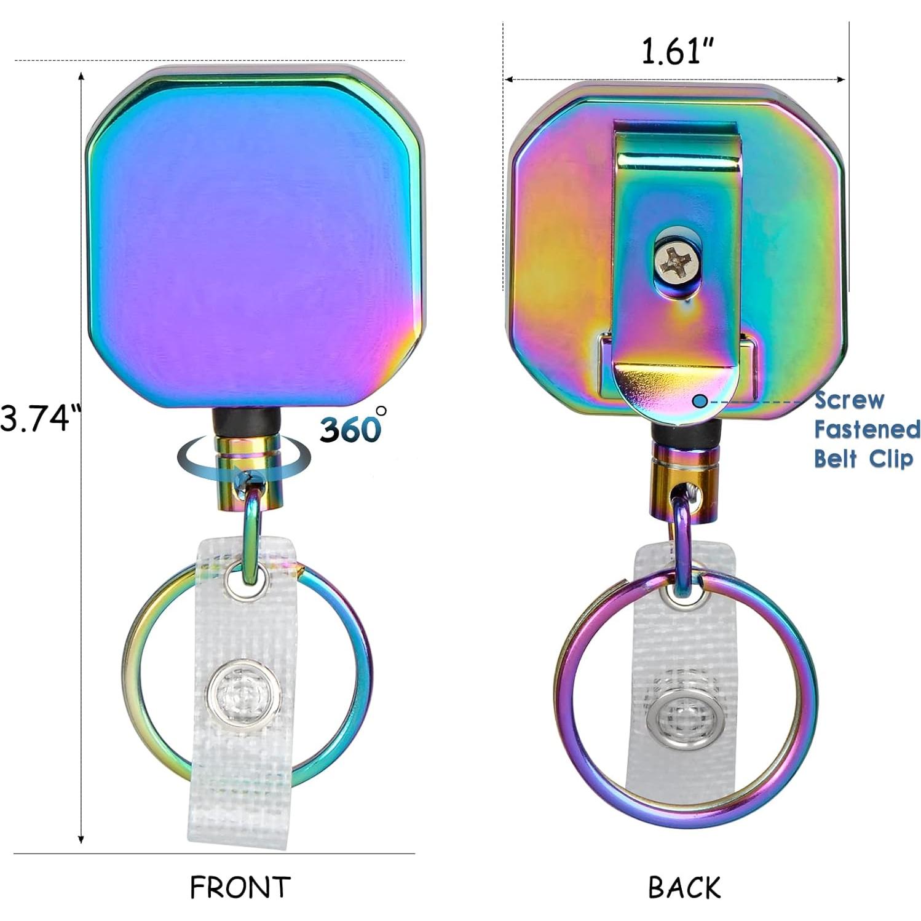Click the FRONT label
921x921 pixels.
click(240, 887)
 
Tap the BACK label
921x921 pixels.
click(684, 887)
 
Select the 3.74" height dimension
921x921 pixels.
click(41, 419)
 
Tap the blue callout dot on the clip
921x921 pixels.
click(700, 401)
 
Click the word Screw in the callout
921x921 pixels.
click(849, 400)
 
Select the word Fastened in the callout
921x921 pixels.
click(867, 429)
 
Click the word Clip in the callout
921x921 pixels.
click(891, 459)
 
